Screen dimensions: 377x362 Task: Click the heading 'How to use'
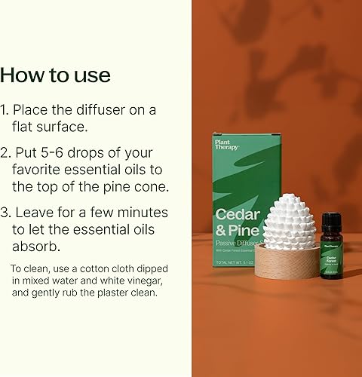pos(55,75)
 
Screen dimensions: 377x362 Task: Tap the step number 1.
pos(6,110)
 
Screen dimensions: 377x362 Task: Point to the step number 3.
pos(6,213)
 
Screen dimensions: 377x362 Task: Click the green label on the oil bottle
pos(331,263)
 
